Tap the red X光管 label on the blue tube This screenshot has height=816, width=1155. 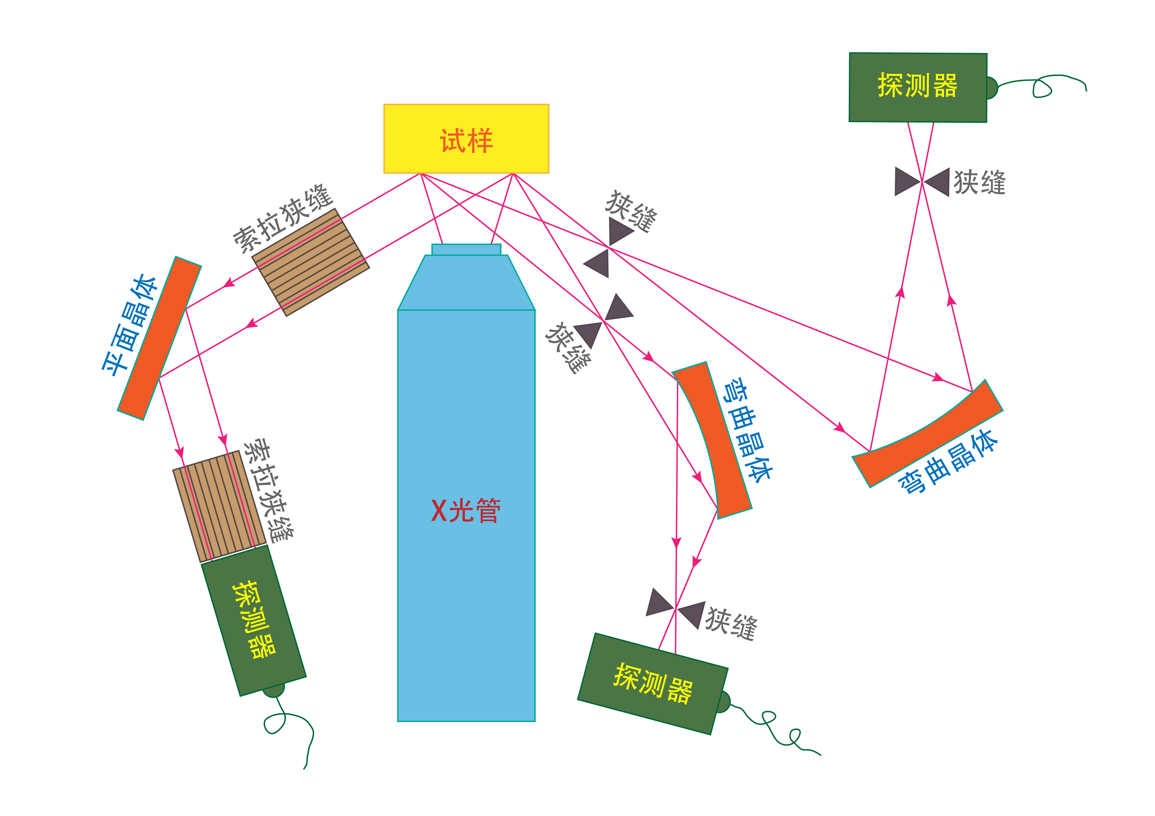[x=465, y=511]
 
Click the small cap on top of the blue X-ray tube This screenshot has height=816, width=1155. [x=466, y=249]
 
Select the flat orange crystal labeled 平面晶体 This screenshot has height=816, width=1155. [x=159, y=338]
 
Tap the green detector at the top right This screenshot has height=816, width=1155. [x=918, y=87]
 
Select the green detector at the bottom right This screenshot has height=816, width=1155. [x=653, y=684]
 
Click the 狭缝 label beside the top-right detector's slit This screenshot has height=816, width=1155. [x=979, y=182]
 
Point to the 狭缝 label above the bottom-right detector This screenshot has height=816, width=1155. [x=731, y=624]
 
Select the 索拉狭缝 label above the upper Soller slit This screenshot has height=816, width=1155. [x=283, y=219]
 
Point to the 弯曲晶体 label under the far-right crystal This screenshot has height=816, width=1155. [x=948, y=463]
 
